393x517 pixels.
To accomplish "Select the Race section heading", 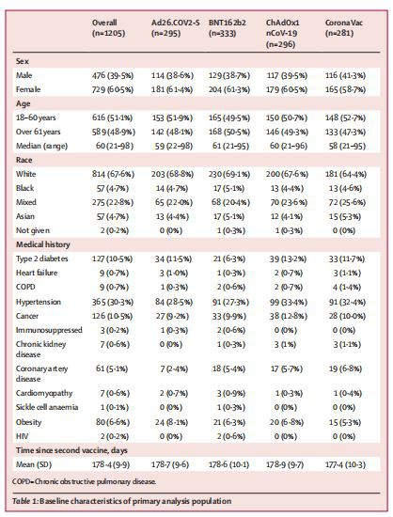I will [27, 161].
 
